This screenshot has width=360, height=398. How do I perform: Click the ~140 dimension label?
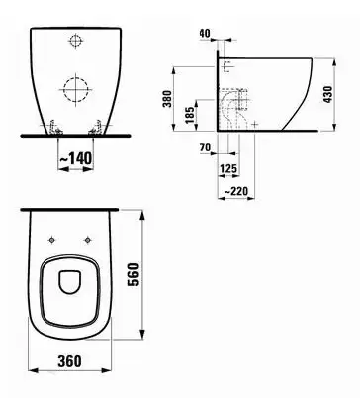[76, 158]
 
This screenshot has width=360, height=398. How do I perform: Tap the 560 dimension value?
[134, 274]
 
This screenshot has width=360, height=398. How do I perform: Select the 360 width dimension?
[69, 361]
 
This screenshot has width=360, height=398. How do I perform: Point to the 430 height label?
[328, 94]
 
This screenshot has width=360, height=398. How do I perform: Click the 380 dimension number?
[167, 98]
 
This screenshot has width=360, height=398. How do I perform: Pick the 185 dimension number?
[190, 115]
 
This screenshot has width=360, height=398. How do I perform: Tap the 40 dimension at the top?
[205, 33]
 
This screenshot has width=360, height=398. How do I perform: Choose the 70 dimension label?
[205, 148]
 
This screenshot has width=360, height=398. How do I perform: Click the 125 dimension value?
[228, 169]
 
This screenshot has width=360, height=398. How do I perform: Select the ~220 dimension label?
[235, 191]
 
